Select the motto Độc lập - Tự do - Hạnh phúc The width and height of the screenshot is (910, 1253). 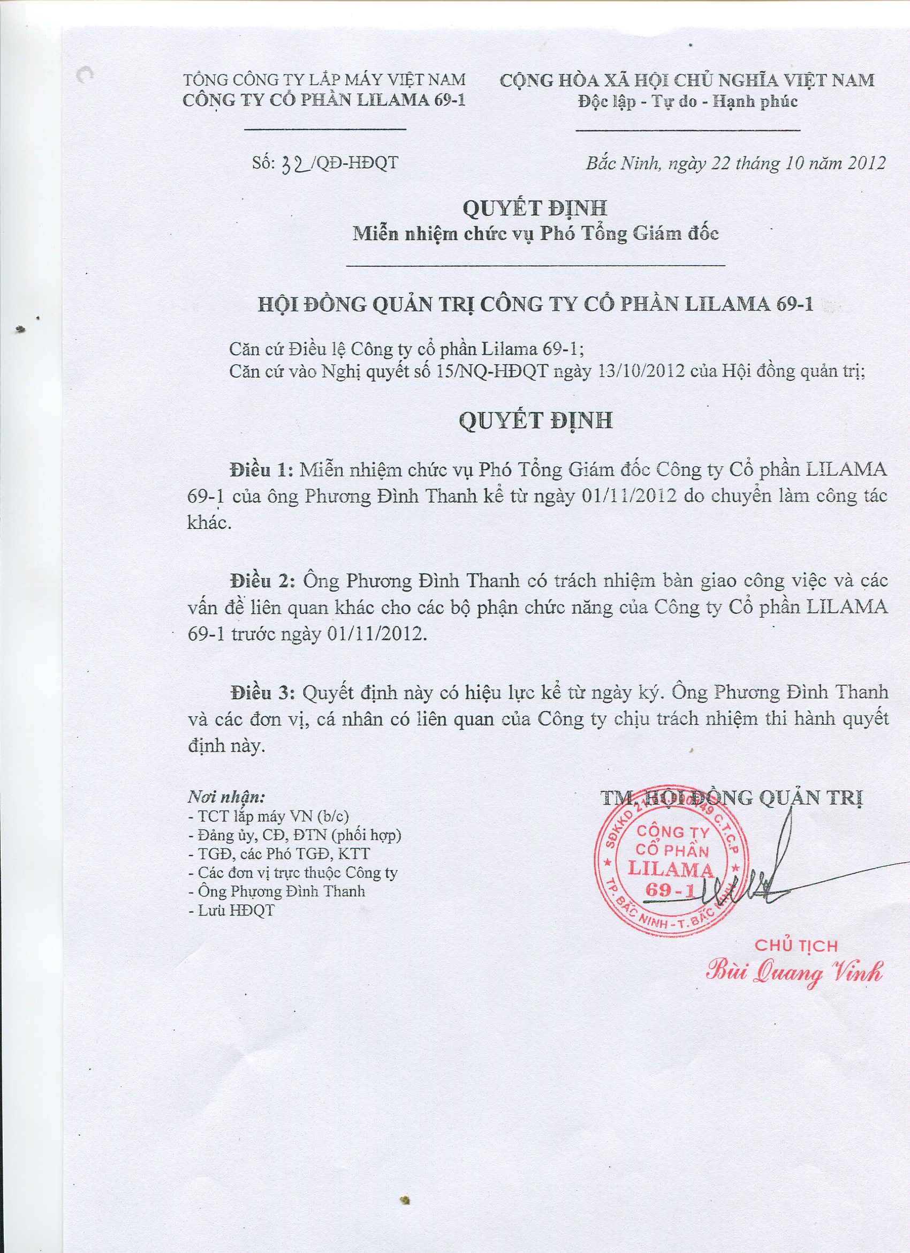687,102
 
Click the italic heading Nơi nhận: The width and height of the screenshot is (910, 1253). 227,797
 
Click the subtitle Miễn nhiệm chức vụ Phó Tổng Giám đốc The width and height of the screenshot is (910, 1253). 536,234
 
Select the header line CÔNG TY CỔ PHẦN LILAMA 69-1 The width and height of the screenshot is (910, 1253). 324,101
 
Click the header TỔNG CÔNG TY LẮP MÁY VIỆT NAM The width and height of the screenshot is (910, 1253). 324,80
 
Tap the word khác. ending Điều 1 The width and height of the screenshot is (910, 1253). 209,523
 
